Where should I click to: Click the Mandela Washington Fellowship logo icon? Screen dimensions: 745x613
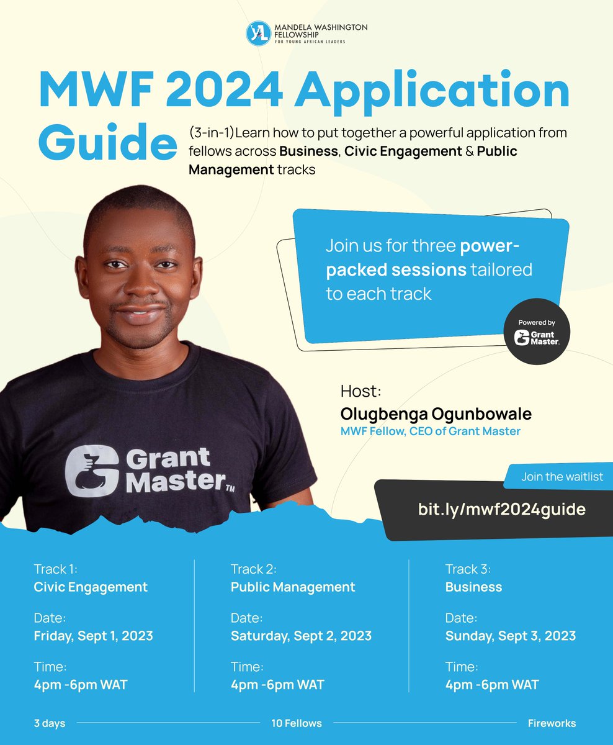pyautogui.click(x=258, y=34)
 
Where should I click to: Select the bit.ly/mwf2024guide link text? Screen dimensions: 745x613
pyautogui.click(x=501, y=509)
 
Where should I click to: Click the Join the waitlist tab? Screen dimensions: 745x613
pyautogui.click(x=562, y=477)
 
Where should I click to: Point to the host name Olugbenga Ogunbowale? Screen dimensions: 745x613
pyautogui.click(x=436, y=413)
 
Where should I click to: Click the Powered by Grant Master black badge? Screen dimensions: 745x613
pyautogui.click(x=537, y=331)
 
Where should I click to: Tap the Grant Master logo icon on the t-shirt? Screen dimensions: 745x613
pyautogui.click(x=92, y=471)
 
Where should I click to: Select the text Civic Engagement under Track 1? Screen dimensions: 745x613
pyautogui.click(x=91, y=587)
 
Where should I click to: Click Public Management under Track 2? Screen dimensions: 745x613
pyautogui.click(x=293, y=587)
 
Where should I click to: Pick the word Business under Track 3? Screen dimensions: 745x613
pyautogui.click(x=473, y=587)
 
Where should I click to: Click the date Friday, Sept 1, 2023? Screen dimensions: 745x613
pyautogui.click(x=93, y=636)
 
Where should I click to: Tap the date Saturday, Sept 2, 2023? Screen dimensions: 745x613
pyautogui.click(x=301, y=636)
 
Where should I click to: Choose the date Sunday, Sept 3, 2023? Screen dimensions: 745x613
pyautogui.click(x=510, y=636)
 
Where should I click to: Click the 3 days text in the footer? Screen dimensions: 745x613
pyautogui.click(x=49, y=723)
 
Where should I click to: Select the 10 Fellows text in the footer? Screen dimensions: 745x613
pyautogui.click(x=296, y=723)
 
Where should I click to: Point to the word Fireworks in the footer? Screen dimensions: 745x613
pyautogui.click(x=552, y=723)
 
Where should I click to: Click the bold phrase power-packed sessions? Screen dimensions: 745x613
pyautogui.click(x=428, y=258)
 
